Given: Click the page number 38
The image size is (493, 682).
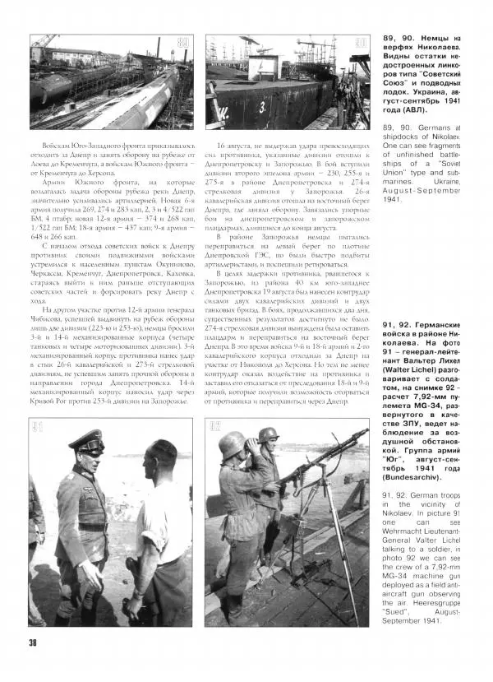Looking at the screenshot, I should (x=32, y=642).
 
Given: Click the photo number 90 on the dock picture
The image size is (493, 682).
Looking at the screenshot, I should (x=360, y=42).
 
